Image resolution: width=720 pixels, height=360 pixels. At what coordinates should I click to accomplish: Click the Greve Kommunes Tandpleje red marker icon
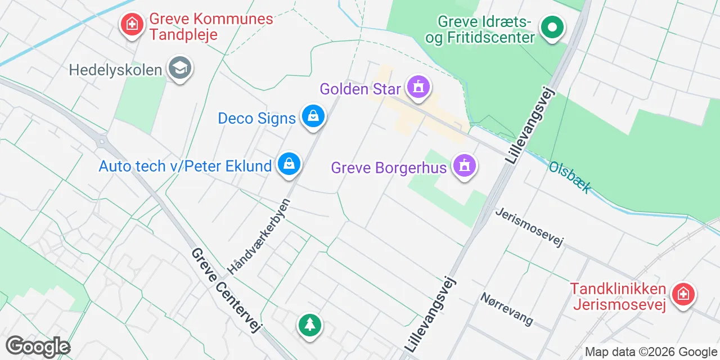pyautogui.click(x=132, y=24)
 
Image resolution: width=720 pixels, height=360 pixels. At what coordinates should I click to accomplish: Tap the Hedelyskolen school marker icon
pyautogui.click(x=180, y=69)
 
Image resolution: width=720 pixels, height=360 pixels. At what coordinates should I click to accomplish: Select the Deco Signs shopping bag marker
pyautogui.click(x=313, y=116)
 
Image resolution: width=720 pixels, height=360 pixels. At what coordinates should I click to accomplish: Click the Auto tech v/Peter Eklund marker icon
pyautogui.click(x=289, y=164)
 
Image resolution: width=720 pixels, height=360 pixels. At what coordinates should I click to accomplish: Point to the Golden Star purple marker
pyautogui.click(x=418, y=87)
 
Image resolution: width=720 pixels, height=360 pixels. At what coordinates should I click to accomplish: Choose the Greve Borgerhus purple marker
pyautogui.click(x=464, y=166)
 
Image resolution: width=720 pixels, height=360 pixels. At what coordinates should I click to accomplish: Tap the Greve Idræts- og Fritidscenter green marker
pyautogui.click(x=552, y=27)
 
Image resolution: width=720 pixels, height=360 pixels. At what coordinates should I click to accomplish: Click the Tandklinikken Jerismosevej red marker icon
pyautogui.click(x=683, y=294)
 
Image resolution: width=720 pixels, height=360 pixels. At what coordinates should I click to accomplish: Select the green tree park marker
pyautogui.click(x=309, y=325)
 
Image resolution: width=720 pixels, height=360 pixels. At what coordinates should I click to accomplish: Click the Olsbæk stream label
pyautogui.click(x=570, y=177)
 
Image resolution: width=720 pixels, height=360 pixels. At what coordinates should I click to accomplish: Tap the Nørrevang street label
pyautogui.click(x=507, y=308)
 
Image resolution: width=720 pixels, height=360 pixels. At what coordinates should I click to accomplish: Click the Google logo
pyautogui.click(x=38, y=346)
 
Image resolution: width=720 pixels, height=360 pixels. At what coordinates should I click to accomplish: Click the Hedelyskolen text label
pyautogui.click(x=115, y=70)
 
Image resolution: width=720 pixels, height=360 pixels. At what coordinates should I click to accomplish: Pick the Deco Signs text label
pyautogui.click(x=256, y=118)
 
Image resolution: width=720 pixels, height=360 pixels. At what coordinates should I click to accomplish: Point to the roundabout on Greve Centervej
pyautogui.click(x=101, y=141)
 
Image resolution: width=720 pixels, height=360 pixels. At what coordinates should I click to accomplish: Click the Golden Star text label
pyautogui.click(x=360, y=89)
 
